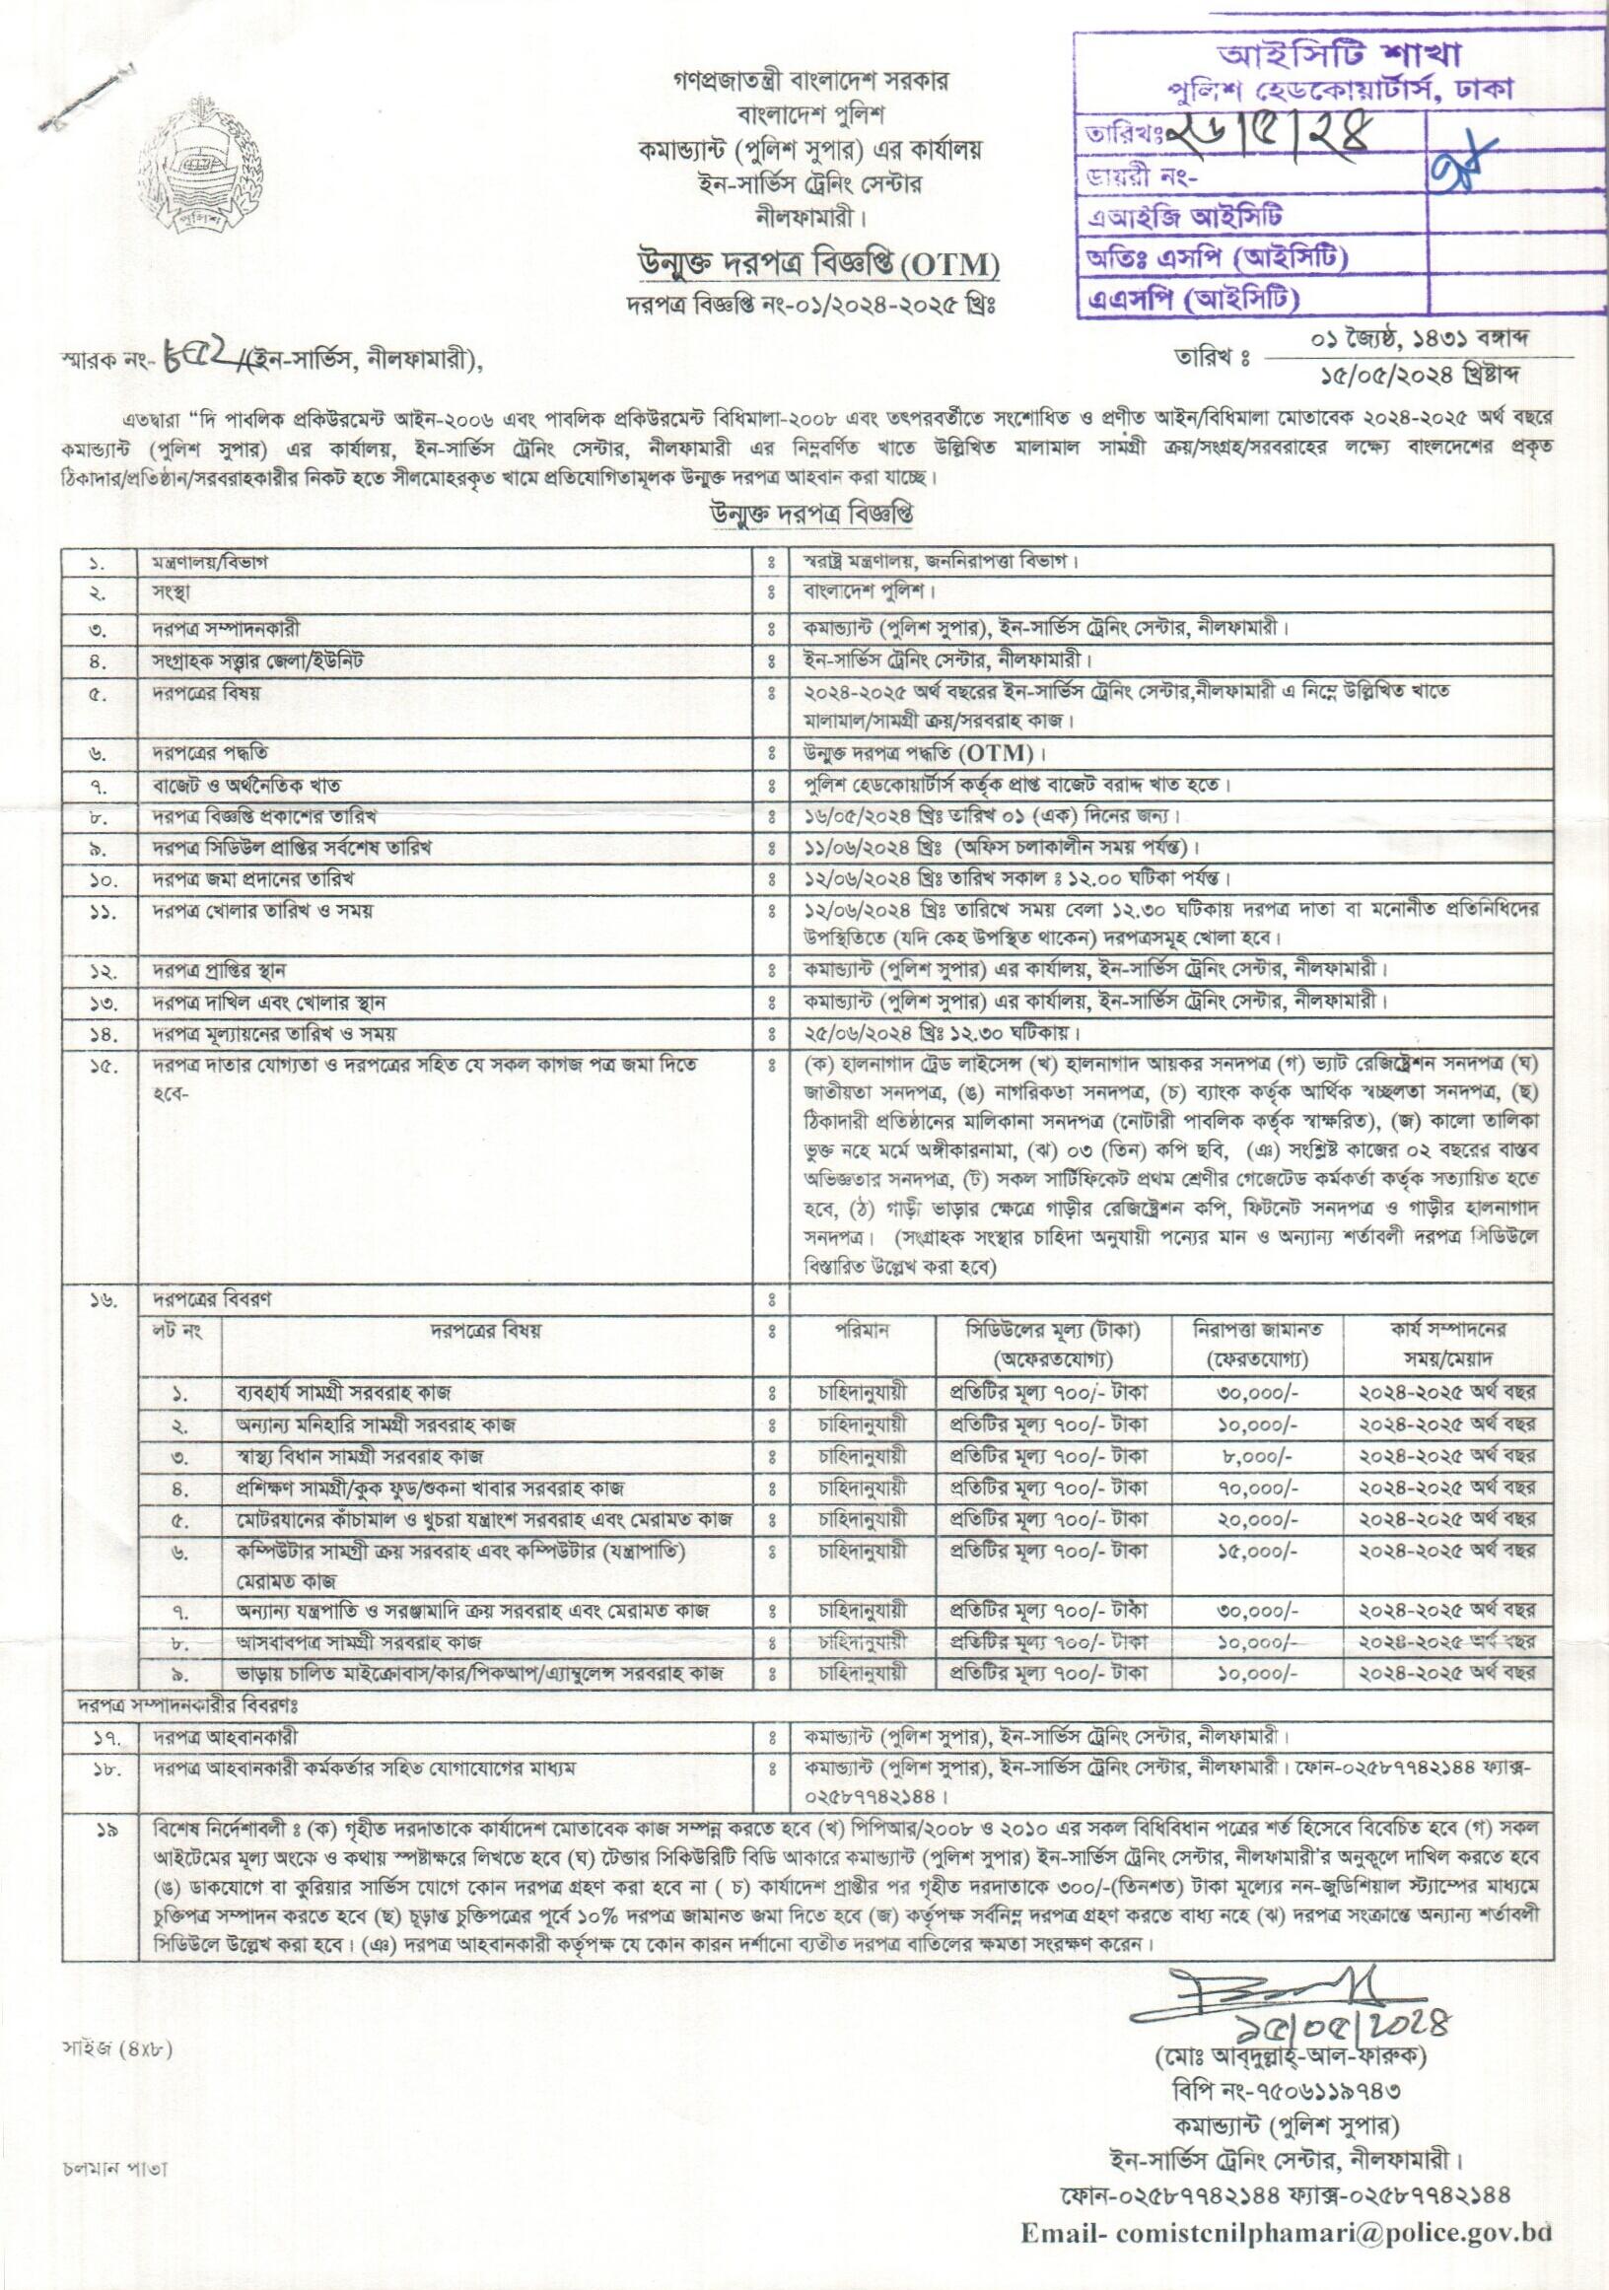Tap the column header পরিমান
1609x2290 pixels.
[863, 1330]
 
